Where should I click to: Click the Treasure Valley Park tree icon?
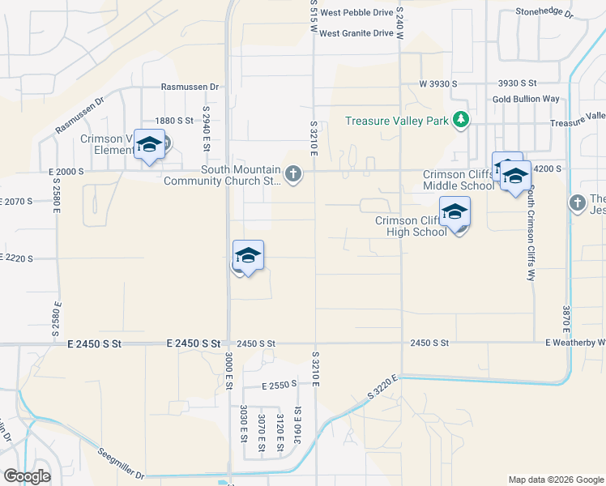(x=462, y=120)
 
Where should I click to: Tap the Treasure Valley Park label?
(x=397, y=121)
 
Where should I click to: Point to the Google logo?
(x=27, y=476)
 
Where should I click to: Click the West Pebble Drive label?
(x=356, y=13)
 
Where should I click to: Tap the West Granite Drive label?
(x=356, y=33)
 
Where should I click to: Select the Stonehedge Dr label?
(x=544, y=13)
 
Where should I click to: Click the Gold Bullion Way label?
(x=526, y=99)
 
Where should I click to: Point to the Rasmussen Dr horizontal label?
(x=190, y=87)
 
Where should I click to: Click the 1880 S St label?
(x=175, y=120)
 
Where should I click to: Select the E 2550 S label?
(x=280, y=386)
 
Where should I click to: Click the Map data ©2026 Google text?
(x=555, y=480)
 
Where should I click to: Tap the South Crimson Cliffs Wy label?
(x=531, y=235)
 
